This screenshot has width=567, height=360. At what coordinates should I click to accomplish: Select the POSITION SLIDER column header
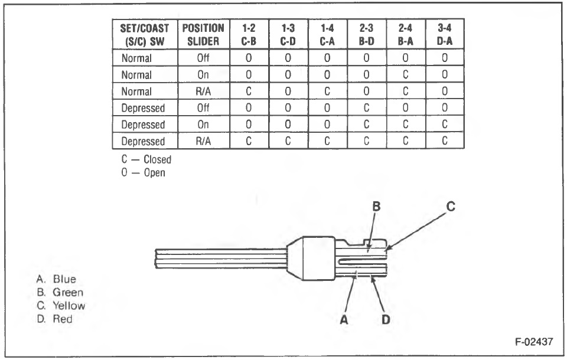[202, 34]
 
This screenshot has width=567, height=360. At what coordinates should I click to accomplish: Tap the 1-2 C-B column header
[250, 34]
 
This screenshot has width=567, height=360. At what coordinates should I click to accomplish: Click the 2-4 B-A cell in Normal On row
[405, 75]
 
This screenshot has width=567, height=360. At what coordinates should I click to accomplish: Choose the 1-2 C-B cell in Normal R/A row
[250, 91]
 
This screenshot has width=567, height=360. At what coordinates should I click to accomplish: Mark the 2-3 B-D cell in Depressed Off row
[366, 108]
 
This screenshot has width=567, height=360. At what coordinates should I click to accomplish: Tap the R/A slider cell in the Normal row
[202, 91]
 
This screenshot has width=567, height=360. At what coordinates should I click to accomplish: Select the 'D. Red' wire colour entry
[55, 319]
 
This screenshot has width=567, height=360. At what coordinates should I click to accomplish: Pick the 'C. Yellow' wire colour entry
[61, 306]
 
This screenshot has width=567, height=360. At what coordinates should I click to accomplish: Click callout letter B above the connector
[376, 207]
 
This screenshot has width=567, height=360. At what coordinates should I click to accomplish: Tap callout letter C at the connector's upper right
[450, 207]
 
